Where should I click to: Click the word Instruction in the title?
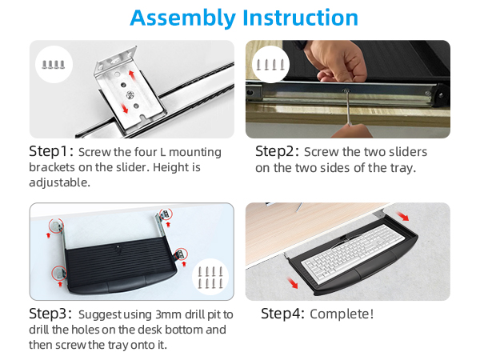pyautogui.click(x=300, y=18)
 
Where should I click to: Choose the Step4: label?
pyautogui.click(x=283, y=314)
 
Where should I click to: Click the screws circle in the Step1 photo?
pyautogui.click(x=54, y=64)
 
